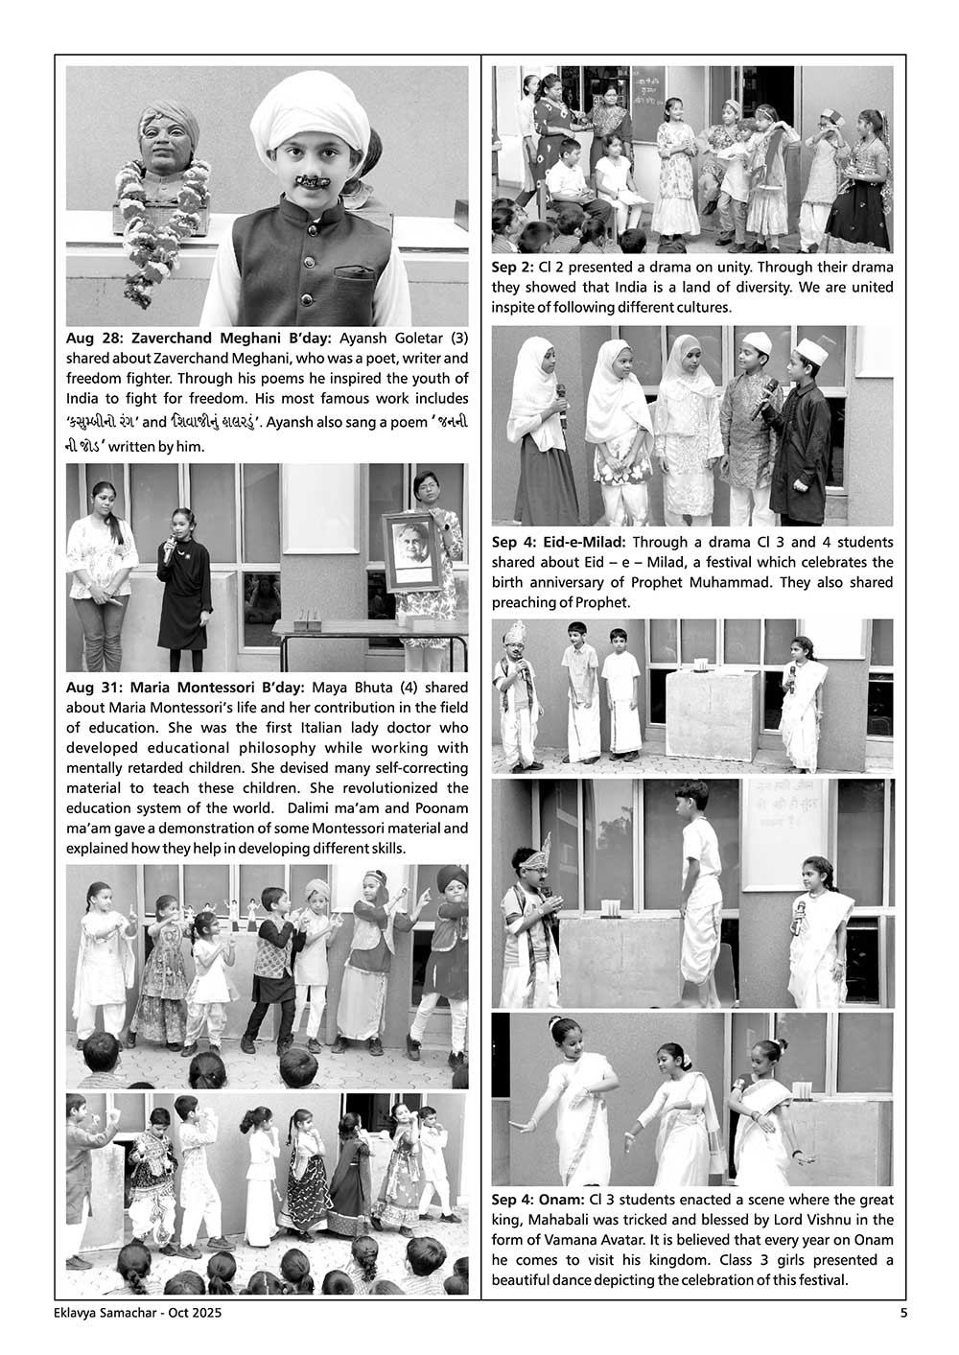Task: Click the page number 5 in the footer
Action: click(902, 1314)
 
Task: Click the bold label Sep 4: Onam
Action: click(538, 1200)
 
